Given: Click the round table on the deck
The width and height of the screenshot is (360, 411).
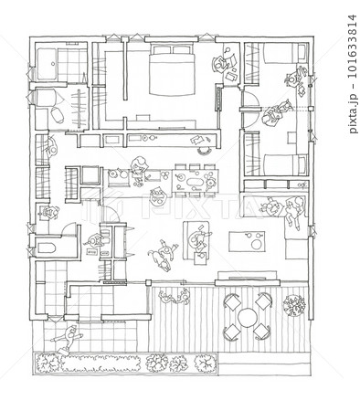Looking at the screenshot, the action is click(x=247, y=318).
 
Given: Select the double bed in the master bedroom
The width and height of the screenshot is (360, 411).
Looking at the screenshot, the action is click(x=172, y=69).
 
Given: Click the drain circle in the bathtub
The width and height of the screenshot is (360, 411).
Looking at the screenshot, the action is click(x=53, y=64).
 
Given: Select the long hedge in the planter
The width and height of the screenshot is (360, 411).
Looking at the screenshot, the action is click(x=101, y=364).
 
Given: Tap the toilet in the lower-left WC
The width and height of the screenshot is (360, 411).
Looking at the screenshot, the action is click(x=47, y=248).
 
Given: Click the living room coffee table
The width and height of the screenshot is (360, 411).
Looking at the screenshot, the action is click(x=247, y=241).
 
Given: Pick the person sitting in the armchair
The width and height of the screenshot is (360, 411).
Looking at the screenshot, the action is click(x=196, y=239).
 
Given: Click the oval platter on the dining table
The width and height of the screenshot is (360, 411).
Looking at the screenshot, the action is click(x=194, y=183).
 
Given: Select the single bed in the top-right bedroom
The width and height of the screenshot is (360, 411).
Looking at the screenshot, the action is click(x=285, y=53).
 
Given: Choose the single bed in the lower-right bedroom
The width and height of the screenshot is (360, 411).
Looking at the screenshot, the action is click(x=285, y=164).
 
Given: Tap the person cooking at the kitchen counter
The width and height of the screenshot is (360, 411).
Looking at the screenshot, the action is click(x=139, y=170).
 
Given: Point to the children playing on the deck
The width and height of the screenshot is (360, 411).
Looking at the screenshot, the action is click(x=175, y=297).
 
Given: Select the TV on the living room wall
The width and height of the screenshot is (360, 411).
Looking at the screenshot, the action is click(x=247, y=278).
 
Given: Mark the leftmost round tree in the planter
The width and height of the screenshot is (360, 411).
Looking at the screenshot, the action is click(x=48, y=363).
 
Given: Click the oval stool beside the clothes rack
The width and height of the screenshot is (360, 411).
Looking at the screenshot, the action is click(x=57, y=115).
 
